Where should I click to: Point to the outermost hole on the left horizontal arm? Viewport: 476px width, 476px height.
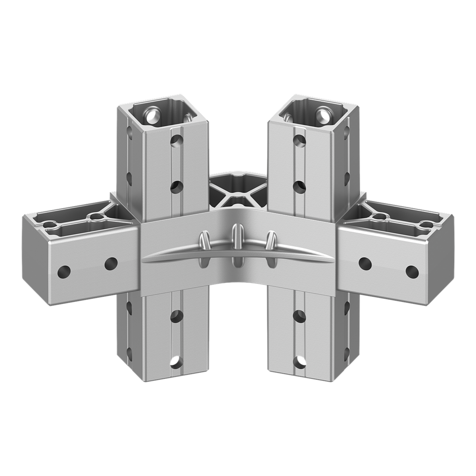tap(64, 272)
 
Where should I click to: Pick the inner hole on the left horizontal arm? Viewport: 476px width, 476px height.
tap(111, 263)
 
